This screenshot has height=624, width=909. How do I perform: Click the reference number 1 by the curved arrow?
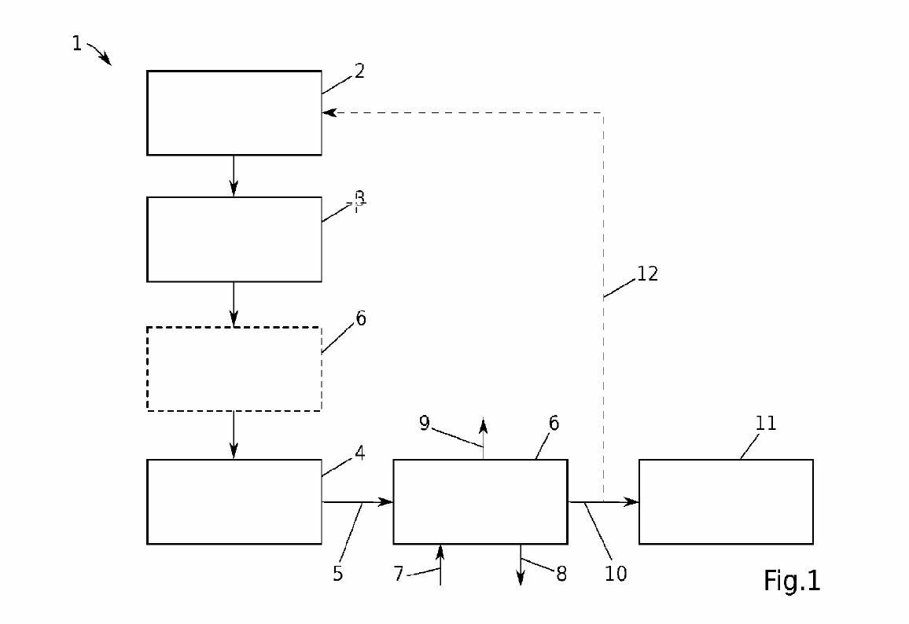pos(76,44)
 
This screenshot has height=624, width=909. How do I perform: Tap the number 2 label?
pos(359,71)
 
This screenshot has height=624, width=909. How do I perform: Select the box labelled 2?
pos(234,112)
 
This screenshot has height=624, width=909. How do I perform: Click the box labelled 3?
pos(234,239)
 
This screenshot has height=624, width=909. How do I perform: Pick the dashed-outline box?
pos(234,369)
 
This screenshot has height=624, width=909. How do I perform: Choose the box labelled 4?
pos(234,501)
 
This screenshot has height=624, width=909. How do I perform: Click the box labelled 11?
pos(725,501)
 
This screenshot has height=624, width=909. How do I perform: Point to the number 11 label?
pos(765,424)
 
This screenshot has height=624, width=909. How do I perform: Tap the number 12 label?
pos(647,274)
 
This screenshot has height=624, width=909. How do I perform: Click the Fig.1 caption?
pos(791,580)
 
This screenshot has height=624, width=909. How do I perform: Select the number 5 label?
pos(337,574)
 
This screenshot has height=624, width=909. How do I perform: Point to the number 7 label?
pos(399,574)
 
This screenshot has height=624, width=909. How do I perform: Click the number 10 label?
pos(616,574)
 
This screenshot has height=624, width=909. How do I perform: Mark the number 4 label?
pos(359,453)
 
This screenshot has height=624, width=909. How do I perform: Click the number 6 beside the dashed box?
pos(360,318)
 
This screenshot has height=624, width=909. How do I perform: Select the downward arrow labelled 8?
pos(520,565)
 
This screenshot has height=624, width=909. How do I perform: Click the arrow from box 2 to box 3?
pos(234,175)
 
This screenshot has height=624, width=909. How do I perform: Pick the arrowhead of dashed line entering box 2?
pos(328,112)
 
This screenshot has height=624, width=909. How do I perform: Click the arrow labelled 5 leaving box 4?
pos(357,501)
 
